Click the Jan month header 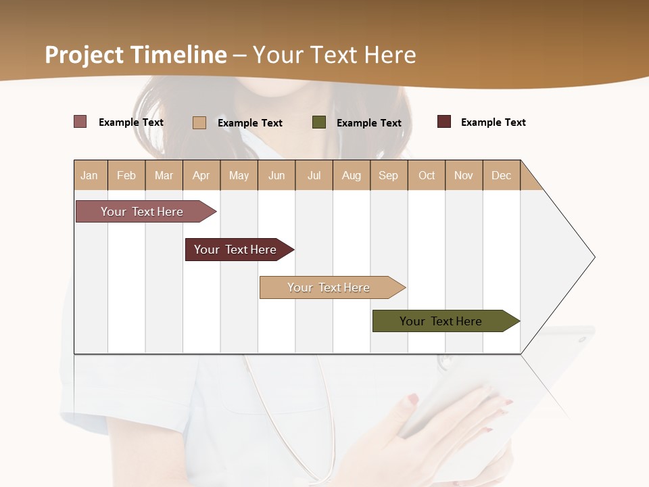(x=89, y=175)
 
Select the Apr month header (x=201, y=175)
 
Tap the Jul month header (x=314, y=175)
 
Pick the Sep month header (x=388, y=175)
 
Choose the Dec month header (x=501, y=175)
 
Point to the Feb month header (x=126, y=175)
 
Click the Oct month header (x=427, y=175)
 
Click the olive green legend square (x=319, y=122)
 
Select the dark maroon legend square (x=444, y=122)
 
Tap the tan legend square (x=199, y=122)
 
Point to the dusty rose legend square (x=80, y=122)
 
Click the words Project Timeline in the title (x=136, y=55)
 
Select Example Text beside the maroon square (x=493, y=122)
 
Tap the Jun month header (x=277, y=175)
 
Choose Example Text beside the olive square (x=368, y=123)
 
